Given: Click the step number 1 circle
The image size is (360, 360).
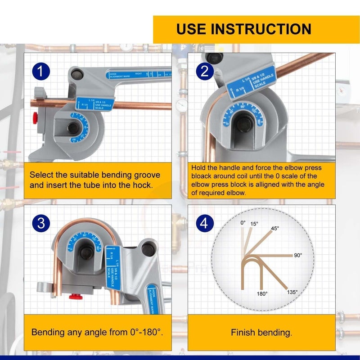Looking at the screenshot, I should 40,72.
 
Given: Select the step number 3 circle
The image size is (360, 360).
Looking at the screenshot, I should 40,224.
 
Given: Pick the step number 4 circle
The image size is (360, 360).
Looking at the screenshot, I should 204,224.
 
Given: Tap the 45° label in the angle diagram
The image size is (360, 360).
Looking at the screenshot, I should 275,228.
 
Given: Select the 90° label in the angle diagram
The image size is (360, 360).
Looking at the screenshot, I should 298,255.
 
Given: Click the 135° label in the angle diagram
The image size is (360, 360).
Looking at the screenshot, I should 292,292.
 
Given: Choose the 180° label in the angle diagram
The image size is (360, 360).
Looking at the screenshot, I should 262,293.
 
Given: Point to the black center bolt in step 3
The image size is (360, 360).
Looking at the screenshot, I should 84,252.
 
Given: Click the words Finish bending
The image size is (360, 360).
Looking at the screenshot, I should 261,333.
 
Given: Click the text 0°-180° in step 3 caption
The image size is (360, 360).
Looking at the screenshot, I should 143,333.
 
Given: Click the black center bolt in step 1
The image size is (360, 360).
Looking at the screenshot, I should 73,128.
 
